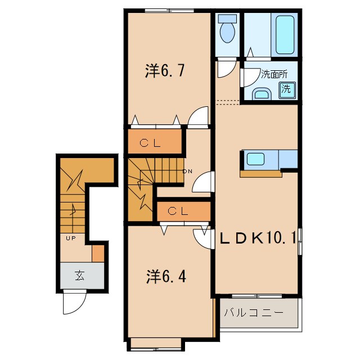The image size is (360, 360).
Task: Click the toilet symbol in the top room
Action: pos(228,31)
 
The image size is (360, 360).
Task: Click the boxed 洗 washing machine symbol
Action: pos(286,88)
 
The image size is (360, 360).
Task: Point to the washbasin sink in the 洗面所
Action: pos(261,93)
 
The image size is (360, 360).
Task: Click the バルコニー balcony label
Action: pos(252,312)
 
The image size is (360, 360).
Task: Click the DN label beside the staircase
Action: pos(187,171)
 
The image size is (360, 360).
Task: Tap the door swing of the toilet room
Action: pos(226,69)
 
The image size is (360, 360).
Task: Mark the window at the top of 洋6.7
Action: pos(166,10)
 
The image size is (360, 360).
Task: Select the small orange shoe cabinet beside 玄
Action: pos(98,253)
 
